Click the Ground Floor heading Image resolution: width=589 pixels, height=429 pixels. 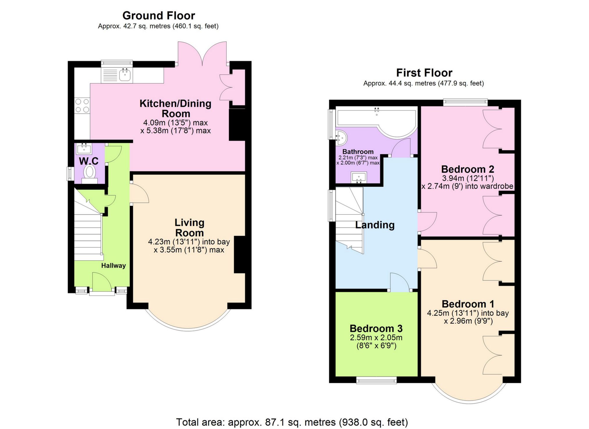point(159,15)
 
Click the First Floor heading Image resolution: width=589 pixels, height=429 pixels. point(424,73)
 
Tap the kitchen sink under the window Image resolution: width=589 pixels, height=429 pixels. point(125,75)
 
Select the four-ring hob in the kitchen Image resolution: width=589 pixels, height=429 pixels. point(82,105)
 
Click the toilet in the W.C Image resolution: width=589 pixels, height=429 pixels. point(90,172)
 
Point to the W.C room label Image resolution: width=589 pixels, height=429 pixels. point(89,161)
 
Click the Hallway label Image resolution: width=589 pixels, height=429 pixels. point(113,265)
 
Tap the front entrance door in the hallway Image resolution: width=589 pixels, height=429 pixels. point(102,282)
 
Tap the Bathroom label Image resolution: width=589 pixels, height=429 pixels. point(358,151)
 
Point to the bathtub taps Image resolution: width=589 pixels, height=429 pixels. point(377,110)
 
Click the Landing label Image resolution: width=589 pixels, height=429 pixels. point(375,225)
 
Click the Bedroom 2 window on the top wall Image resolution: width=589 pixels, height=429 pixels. point(465,102)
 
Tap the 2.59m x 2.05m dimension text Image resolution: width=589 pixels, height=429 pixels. point(376,338)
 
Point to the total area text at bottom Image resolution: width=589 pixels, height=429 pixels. point(292,422)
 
